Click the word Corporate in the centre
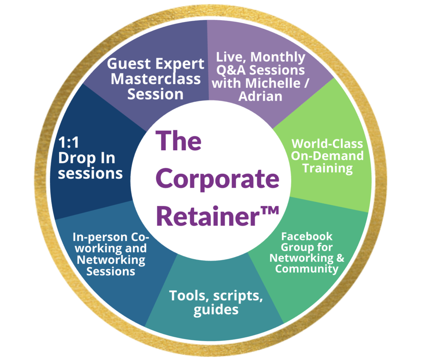219,179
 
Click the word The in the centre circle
178,141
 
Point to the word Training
327,169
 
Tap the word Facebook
306,237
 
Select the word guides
216,310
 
